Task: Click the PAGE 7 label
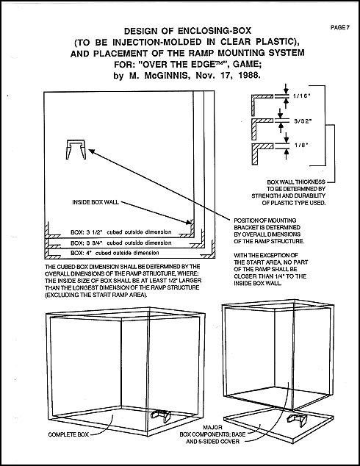340,27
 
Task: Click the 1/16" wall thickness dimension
301,96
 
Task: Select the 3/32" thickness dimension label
303,121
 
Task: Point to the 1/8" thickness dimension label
301,145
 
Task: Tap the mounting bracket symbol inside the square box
76,149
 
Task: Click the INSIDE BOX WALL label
96,202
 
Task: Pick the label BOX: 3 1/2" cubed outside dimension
121,232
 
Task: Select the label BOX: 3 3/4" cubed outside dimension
121,243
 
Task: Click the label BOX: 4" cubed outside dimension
115,253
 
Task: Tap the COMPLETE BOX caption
68,434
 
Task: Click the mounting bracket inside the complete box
161,415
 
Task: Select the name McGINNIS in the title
166,76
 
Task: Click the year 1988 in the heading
249,75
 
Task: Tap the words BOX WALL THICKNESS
296,182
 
